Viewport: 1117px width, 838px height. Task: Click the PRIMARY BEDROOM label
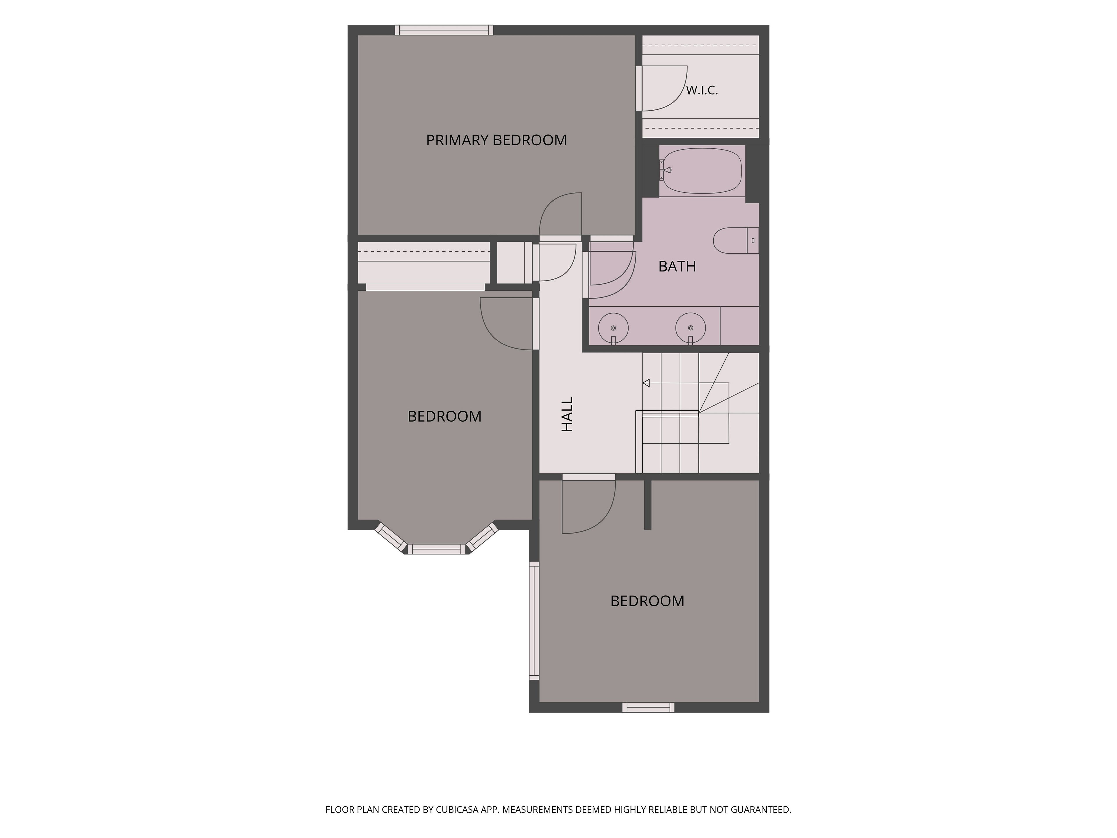point(496,140)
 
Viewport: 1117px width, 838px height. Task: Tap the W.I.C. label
point(702,90)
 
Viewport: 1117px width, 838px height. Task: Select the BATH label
point(677,266)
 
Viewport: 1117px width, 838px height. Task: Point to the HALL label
point(568,414)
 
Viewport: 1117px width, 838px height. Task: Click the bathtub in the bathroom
point(702,171)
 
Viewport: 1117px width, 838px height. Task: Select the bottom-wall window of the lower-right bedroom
point(648,707)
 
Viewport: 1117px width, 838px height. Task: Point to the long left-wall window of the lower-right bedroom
point(534,621)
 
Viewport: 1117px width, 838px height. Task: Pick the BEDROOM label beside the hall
point(444,416)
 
